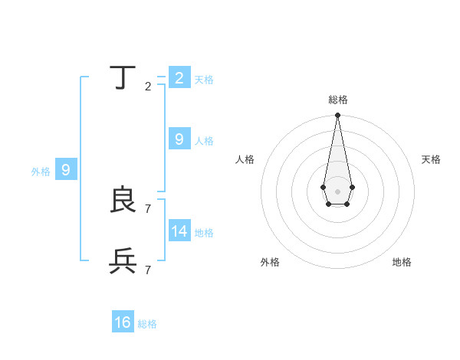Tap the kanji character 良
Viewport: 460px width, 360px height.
tap(123, 201)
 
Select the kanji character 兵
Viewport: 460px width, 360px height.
tap(123, 262)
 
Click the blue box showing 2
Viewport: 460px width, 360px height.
tap(179, 78)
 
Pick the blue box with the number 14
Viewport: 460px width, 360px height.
tap(179, 231)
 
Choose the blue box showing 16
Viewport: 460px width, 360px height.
tap(123, 322)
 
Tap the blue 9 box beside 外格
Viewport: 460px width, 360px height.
tap(66, 170)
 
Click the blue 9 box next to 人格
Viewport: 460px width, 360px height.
tap(179, 139)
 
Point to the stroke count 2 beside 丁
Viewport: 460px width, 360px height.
tap(148, 86)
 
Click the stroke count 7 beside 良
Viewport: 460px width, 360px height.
tap(148, 208)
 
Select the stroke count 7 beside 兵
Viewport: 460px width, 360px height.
tap(148, 269)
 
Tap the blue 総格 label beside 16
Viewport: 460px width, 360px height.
tap(147, 324)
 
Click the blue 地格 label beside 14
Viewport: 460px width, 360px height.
tap(204, 233)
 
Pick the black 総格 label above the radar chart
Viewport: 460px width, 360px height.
tap(338, 100)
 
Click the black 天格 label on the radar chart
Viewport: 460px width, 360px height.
tap(431, 159)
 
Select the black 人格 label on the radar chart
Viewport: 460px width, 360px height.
tap(245, 159)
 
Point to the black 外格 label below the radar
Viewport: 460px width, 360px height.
tap(270, 262)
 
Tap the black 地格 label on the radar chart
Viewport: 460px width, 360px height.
tap(402, 262)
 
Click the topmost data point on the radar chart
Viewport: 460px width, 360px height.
tap(337, 116)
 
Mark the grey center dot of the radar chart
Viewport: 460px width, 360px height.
tap(337, 191)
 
